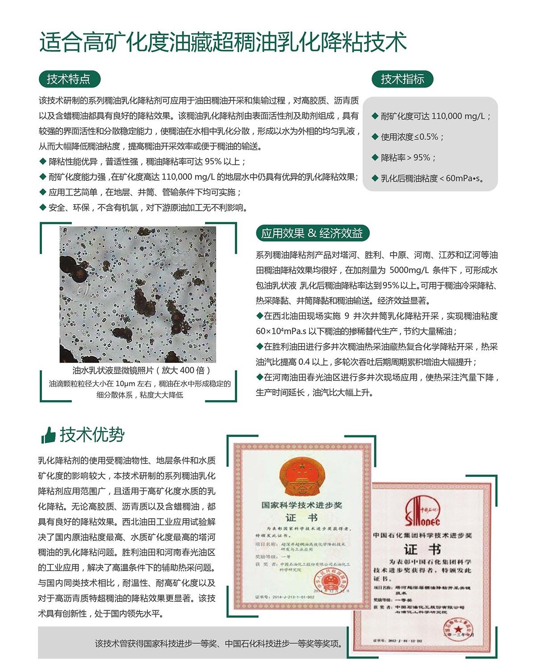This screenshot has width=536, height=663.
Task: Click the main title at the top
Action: [x=223, y=43]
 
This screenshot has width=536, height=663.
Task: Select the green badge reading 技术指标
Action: [x=402, y=79]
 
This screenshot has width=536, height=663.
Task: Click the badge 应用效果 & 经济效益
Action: [x=312, y=233]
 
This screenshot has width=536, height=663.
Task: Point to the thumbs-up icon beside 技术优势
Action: [x=48, y=434]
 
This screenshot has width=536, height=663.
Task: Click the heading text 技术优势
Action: [x=92, y=434]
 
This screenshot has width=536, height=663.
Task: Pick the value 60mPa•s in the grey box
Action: [x=465, y=179]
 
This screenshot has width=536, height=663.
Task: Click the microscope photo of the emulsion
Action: [x=138, y=294]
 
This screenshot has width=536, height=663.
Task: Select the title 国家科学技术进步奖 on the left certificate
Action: [x=301, y=505]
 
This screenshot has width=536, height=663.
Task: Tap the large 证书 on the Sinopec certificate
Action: [x=422, y=549]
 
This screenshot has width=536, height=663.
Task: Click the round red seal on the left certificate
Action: [x=331, y=582]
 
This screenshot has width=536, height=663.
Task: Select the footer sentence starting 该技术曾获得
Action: [x=219, y=643]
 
